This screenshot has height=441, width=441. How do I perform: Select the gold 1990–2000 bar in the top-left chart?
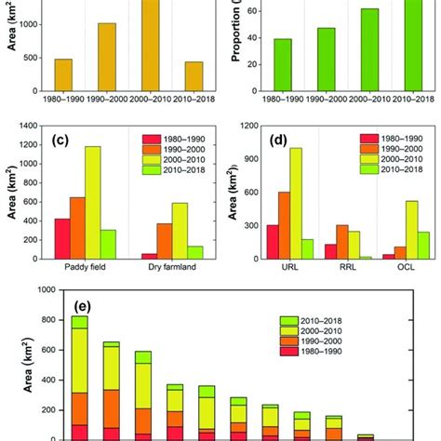point(107,54)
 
